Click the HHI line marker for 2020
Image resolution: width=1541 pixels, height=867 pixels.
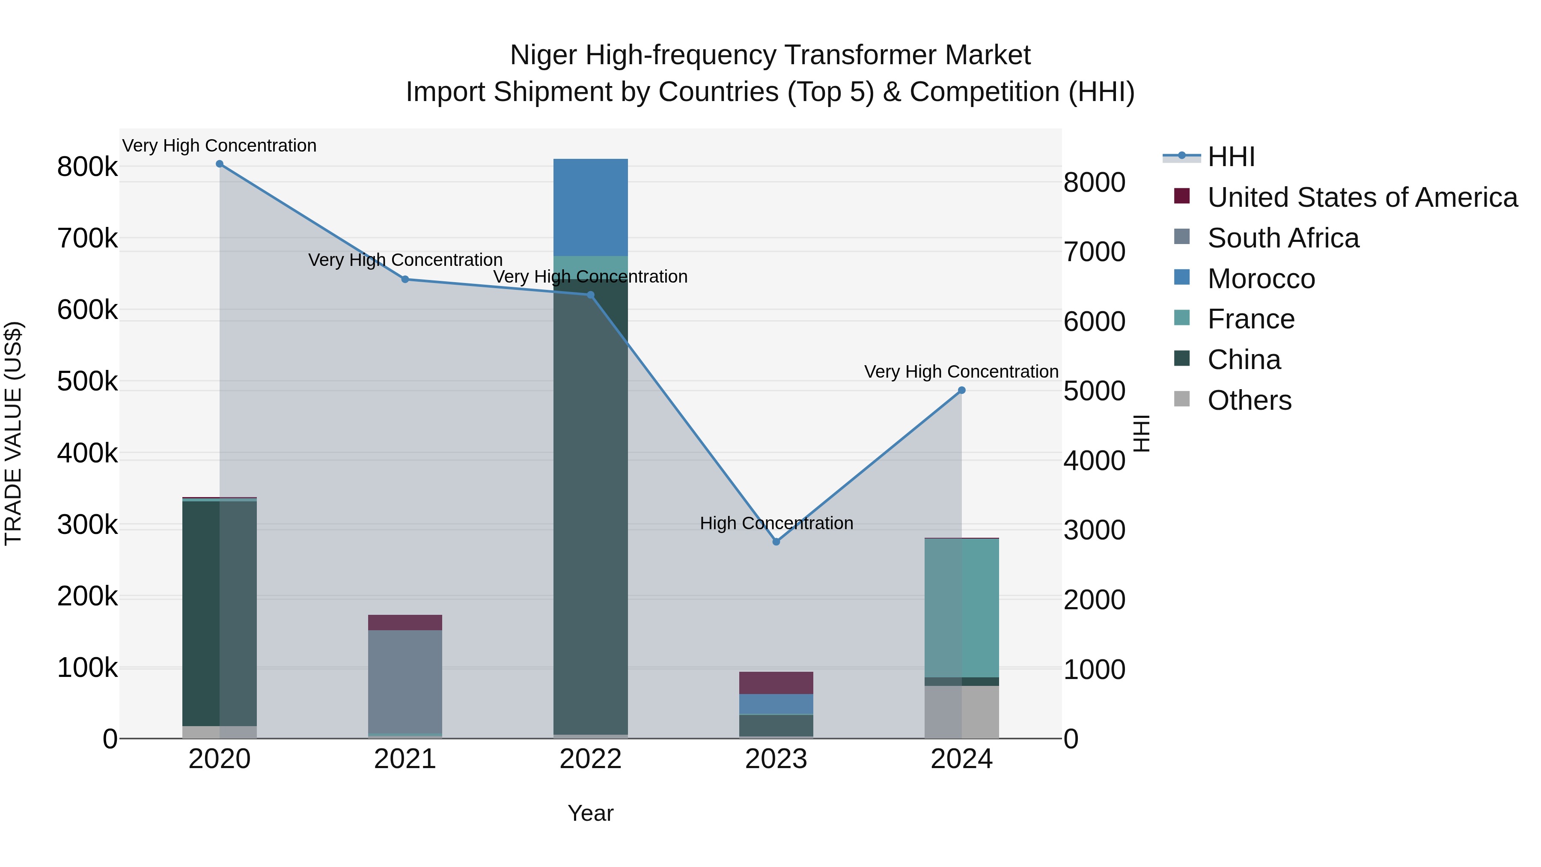point(220,164)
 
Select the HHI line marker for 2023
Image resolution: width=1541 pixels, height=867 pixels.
point(776,542)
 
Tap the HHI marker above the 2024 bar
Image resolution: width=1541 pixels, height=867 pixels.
point(961,390)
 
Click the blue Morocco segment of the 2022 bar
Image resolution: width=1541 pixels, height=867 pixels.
point(590,207)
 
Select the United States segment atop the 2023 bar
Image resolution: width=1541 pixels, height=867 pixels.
point(776,683)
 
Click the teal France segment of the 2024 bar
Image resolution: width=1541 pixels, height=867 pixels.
point(961,607)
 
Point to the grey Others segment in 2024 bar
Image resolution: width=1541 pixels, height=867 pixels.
point(961,712)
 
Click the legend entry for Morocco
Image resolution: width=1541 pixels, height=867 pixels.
point(1261,279)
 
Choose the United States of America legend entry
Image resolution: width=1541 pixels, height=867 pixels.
point(1362,197)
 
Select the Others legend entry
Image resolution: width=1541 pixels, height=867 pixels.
point(1249,400)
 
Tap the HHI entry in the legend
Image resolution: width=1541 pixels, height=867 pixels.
point(1231,157)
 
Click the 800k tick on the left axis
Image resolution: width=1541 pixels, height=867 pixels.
point(87,167)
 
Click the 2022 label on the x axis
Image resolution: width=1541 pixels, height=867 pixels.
point(590,759)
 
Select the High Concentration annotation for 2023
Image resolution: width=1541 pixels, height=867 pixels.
point(776,523)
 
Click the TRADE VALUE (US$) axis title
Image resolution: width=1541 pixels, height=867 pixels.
point(14,433)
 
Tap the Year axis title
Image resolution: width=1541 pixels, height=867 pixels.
point(590,813)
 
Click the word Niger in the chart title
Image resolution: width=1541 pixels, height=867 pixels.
point(543,56)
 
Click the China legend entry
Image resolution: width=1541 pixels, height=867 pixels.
point(1244,360)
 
